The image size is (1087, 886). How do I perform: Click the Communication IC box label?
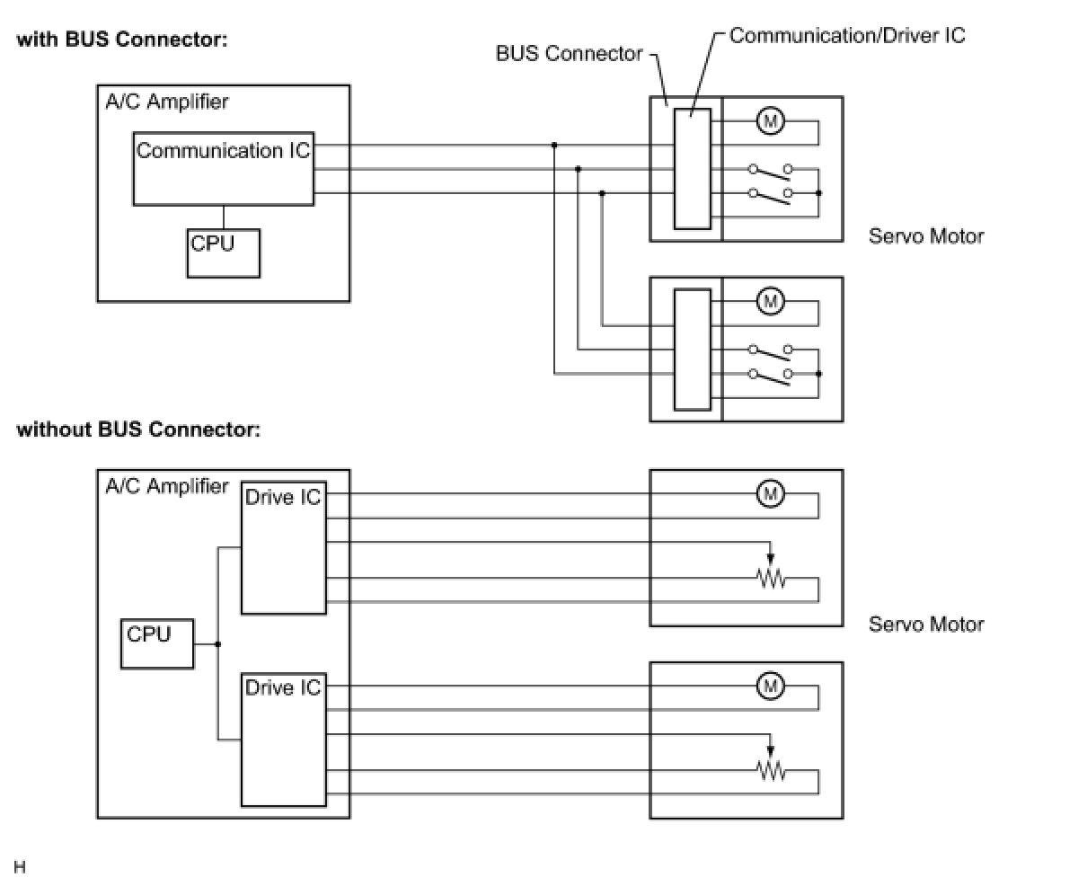pos(223,151)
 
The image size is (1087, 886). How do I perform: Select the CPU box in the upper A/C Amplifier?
pos(224,253)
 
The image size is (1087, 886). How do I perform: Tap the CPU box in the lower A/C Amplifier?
pos(157,643)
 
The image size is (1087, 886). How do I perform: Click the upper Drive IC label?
pos(282,498)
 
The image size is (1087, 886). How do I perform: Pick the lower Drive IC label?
pos(282,688)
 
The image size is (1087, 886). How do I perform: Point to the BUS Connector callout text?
pos(569,54)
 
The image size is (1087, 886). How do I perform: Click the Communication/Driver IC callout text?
pos(846,36)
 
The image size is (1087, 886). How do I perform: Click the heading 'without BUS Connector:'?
pos(138,430)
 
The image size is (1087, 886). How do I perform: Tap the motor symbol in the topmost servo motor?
pos(770,120)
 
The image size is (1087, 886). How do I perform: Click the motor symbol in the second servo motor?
pos(770,301)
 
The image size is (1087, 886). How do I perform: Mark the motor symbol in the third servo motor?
pos(770,493)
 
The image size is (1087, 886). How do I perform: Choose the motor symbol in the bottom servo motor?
pos(770,687)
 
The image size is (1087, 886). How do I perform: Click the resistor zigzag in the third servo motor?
pos(771,580)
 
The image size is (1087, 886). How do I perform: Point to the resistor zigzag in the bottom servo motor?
pos(771,771)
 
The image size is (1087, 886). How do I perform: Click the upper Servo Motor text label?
pos(925,236)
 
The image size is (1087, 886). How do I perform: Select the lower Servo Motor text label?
pos(925,625)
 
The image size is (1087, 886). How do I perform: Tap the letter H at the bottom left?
pos(20,867)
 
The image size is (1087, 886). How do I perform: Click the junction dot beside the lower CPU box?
pos(218,644)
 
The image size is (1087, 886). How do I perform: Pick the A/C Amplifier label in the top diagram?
pos(167,102)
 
